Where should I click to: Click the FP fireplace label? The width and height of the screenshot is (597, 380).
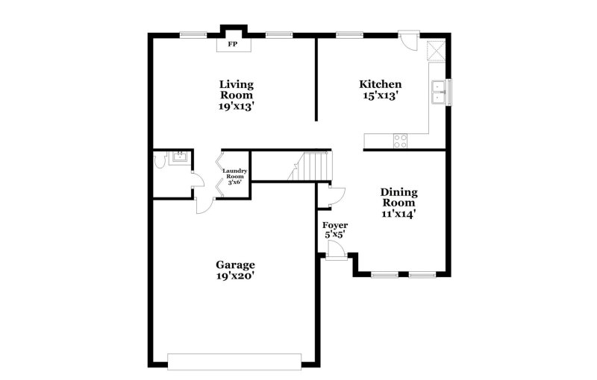233,45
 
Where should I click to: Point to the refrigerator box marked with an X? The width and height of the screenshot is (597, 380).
436,51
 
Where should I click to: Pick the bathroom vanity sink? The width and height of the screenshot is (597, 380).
179,156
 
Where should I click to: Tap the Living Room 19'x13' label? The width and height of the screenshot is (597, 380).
236,95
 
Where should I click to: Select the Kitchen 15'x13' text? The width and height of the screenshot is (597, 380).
381,90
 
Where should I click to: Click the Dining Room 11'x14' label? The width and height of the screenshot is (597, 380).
399,203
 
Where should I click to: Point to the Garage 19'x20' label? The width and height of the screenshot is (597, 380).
236,270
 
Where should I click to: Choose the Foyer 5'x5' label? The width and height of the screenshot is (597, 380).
335,230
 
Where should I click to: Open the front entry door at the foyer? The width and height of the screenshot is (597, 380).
335,251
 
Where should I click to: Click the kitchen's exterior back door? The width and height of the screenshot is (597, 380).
407,40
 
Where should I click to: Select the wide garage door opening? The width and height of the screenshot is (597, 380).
234,361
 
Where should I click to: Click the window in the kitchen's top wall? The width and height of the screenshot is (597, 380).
349,34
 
